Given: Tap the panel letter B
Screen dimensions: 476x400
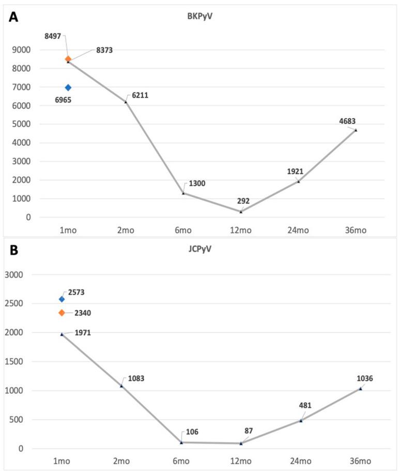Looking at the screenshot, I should coord(13,250).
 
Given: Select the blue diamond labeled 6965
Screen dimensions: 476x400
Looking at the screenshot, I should coord(68,88).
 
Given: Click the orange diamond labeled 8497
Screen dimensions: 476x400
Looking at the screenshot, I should coord(68,59).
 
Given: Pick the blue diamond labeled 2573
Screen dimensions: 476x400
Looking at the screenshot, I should coord(62,299).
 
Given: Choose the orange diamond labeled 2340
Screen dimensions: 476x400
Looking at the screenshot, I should coord(62,312).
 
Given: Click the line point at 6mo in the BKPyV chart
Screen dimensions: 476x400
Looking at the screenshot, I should coord(183,193).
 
